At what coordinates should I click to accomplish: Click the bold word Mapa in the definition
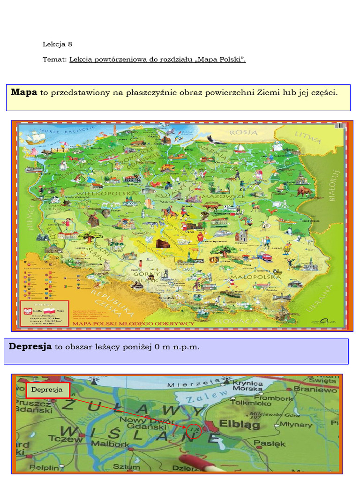[24, 92]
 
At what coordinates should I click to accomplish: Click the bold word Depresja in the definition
[30, 346]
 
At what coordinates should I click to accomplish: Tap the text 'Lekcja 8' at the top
[58, 44]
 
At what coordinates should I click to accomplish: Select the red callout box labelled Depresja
[47, 390]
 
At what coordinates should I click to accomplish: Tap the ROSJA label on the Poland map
[243, 132]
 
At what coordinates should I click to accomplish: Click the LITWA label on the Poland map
[308, 137]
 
